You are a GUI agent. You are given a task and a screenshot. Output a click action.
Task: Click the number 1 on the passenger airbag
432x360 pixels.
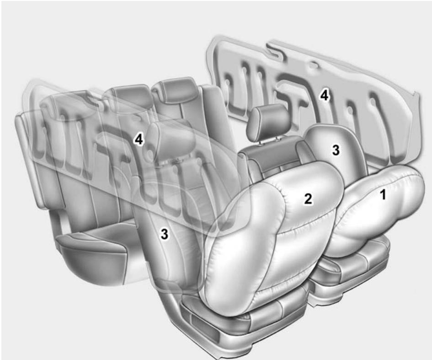(384, 195)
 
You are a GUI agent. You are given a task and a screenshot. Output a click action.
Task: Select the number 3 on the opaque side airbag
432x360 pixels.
(336, 150)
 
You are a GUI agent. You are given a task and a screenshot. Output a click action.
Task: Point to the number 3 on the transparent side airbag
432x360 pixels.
(164, 234)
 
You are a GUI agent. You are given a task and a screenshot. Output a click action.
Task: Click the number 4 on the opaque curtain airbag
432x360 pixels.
(324, 96)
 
